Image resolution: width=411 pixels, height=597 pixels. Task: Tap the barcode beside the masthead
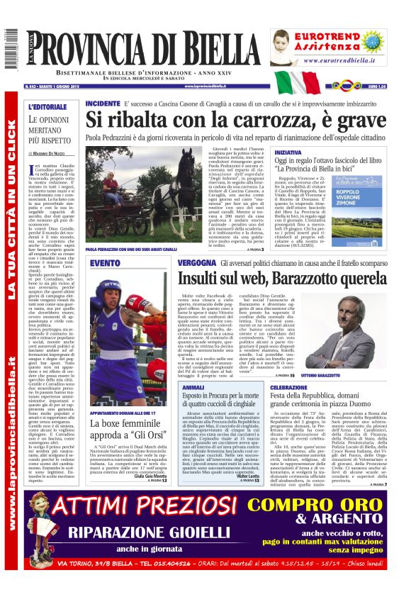point(9,50)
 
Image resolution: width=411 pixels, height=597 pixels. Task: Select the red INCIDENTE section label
point(103,104)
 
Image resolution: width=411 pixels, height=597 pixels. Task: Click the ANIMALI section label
point(193,388)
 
